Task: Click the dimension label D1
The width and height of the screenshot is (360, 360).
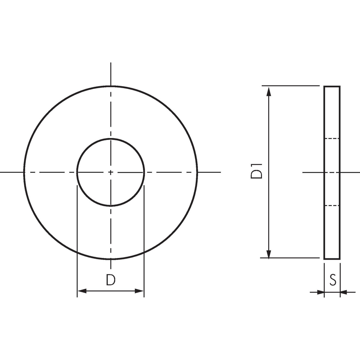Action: pos(256,171)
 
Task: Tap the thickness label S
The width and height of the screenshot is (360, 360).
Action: pos(332,280)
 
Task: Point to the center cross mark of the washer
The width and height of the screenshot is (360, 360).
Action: pos(110,172)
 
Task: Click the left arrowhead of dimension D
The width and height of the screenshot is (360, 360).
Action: pos(81,291)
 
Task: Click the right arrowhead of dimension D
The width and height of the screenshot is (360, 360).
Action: pos(140,291)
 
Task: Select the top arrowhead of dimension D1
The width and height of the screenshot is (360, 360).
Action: pos(269,91)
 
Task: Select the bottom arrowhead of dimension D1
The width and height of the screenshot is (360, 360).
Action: pos(269,254)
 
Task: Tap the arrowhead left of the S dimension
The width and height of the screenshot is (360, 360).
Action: pos(321,292)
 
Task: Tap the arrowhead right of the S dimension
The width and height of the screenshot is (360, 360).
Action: pos(344,292)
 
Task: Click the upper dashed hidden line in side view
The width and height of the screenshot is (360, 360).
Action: pos(332,139)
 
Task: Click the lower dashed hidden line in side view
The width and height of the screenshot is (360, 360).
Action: pos(332,206)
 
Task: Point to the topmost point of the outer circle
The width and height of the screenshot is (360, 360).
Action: pos(110,86)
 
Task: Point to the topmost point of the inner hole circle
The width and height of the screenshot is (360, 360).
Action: pos(110,139)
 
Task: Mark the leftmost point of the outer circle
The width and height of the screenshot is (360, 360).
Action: pos(24,172)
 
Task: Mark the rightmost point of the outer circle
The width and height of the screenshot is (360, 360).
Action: pos(197,172)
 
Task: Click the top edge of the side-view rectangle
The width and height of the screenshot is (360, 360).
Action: pos(332,86)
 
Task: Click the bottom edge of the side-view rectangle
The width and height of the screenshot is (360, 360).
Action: pos(332,259)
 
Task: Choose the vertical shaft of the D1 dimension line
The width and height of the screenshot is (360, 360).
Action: pos(269,213)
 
